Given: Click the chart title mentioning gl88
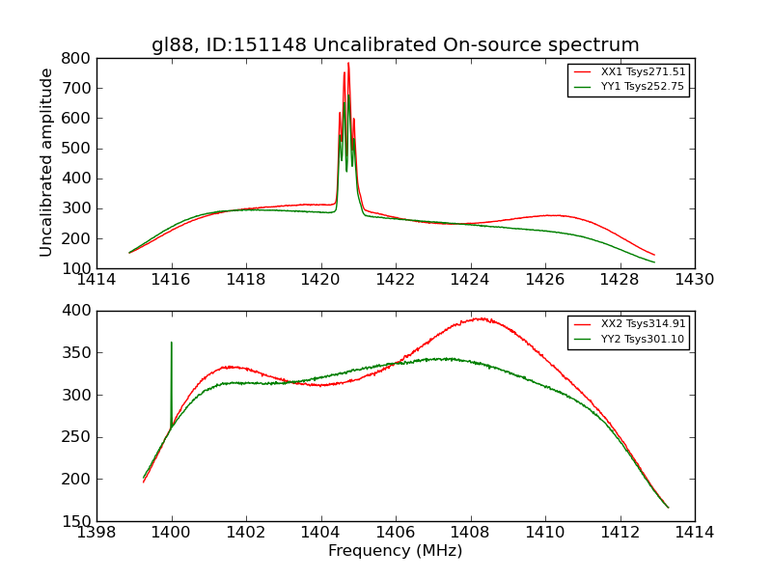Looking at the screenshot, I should (x=395, y=44).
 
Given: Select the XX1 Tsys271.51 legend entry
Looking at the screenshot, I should (x=643, y=72).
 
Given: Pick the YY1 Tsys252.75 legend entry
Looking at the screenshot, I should (x=643, y=87).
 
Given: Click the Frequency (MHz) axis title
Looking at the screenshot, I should (x=395, y=551).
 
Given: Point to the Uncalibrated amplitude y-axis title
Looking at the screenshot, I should (x=46, y=162).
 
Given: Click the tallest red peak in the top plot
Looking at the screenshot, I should (x=348, y=64).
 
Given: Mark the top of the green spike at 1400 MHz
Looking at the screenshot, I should (x=172, y=343).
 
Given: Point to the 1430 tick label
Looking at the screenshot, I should (x=694, y=280).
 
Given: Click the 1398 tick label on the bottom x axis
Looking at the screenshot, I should (x=96, y=533).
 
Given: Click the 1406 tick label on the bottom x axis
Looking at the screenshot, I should (x=395, y=533).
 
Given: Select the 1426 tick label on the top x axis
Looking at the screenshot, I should (x=544, y=280).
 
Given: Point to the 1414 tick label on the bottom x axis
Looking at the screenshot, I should (x=694, y=533).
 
